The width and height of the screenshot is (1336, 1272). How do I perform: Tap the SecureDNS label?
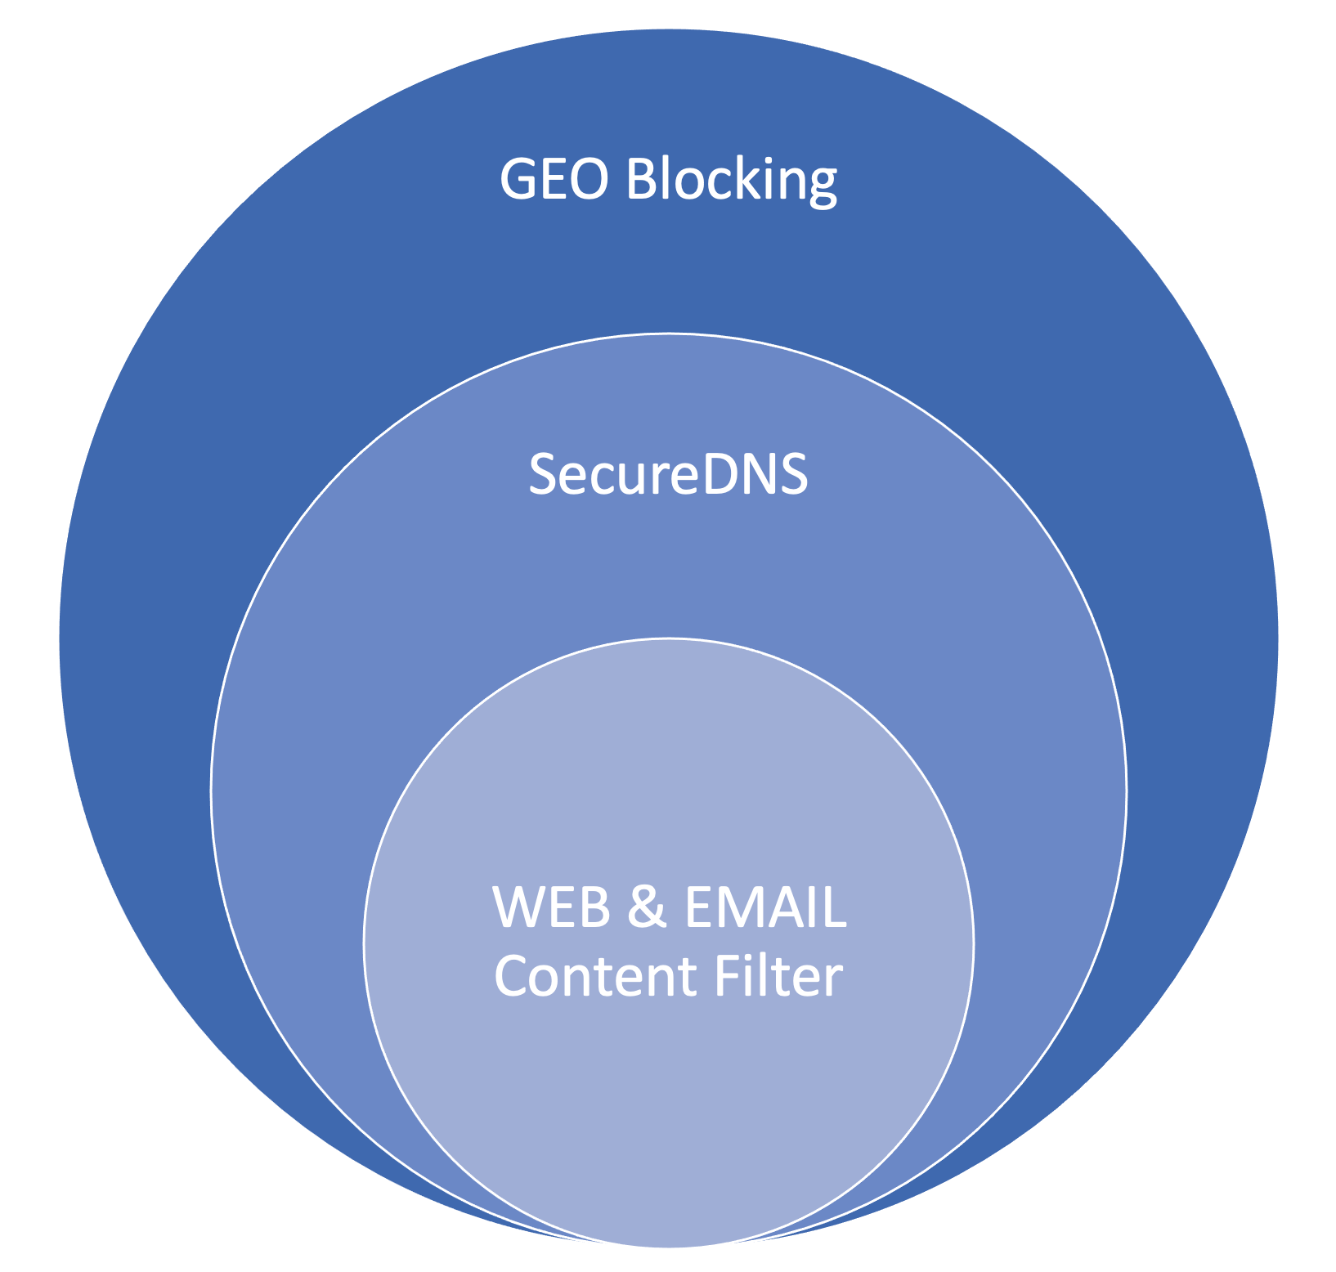coord(668,474)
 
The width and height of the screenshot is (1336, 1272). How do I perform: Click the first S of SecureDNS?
coord(543,474)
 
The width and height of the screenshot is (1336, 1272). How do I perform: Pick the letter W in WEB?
coord(519,907)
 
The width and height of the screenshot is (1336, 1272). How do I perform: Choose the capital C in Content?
coord(511,976)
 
